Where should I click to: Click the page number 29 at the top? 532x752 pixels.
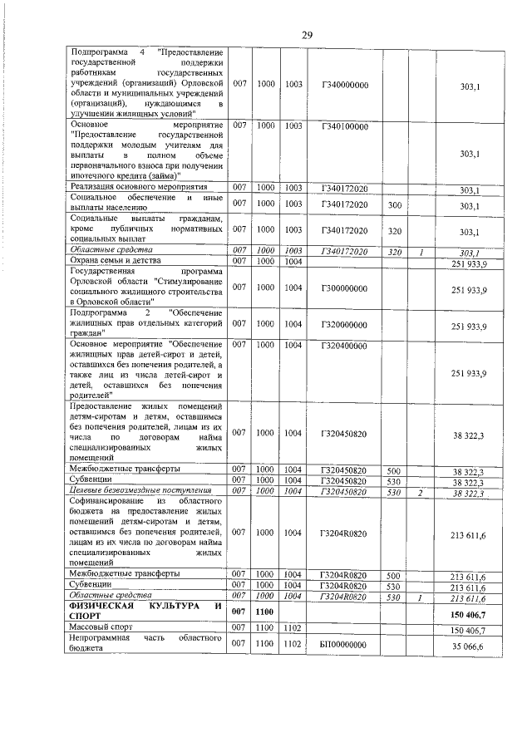[307, 35]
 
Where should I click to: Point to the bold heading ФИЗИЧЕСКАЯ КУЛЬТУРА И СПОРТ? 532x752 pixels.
[146, 612]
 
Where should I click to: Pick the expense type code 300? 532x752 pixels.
[395, 204]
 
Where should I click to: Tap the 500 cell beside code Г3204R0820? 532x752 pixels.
[395, 574]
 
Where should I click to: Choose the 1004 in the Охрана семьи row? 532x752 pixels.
[293, 262]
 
